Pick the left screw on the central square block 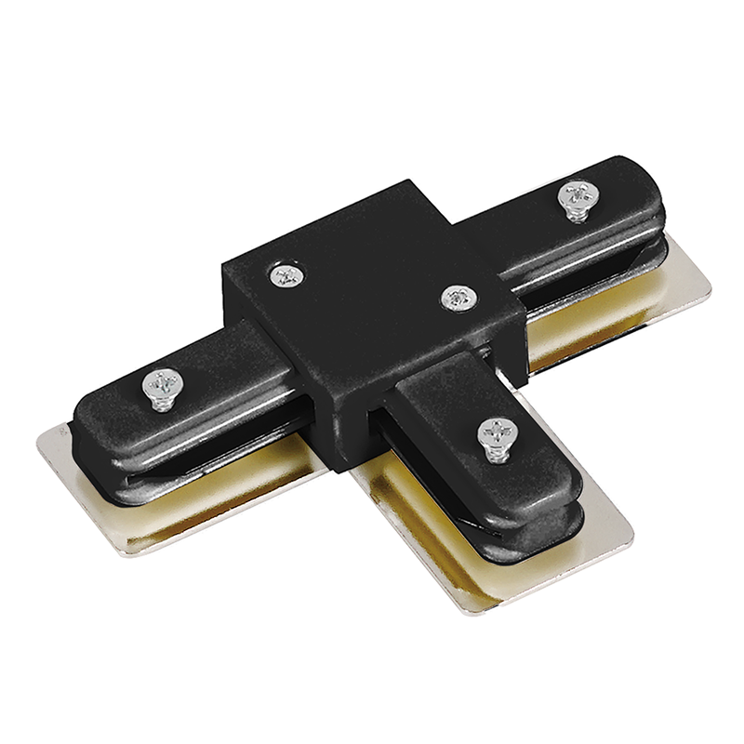pos(286,274)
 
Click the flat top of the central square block pos(372,279)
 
